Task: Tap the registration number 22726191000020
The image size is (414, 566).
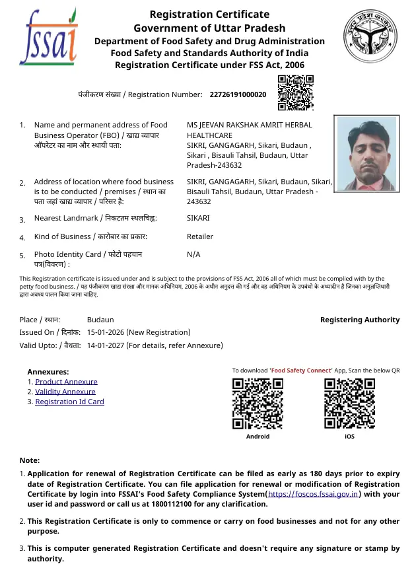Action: [x=238, y=94]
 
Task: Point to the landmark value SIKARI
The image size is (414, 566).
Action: [x=198, y=218]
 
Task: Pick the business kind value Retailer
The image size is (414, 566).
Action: [x=200, y=236]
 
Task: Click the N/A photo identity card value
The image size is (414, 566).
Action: [x=193, y=254]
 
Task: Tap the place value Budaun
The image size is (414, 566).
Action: [x=100, y=320]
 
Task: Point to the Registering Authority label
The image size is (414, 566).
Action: [x=360, y=320]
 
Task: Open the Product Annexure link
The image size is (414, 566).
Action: [x=66, y=382]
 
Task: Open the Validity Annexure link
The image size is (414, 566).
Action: [x=65, y=392]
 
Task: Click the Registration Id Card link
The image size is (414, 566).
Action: [x=69, y=402]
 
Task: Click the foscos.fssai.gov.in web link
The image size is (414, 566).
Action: [x=314, y=493]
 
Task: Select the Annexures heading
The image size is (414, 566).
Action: [x=48, y=372]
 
